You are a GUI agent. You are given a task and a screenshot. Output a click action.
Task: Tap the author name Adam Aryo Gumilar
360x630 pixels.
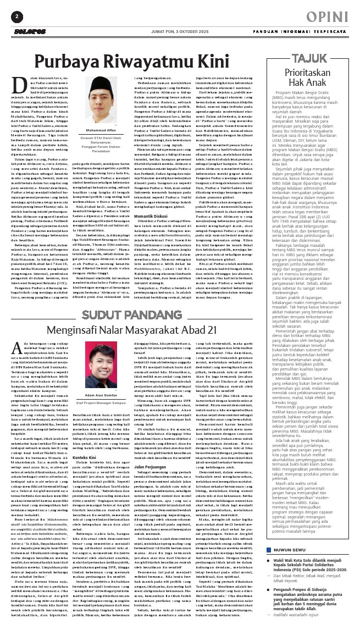[x=110, y=395]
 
